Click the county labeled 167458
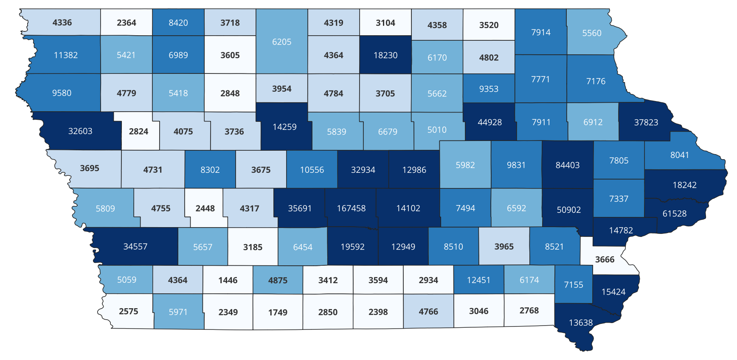[x=351, y=208]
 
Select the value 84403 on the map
[x=568, y=165]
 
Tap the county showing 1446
[x=228, y=280]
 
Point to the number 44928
[x=489, y=122]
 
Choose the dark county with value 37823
[x=646, y=122]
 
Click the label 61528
[x=675, y=214]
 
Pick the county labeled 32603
[x=80, y=131]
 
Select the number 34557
[x=135, y=247]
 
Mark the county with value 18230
[x=385, y=55]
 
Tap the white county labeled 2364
[x=127, y=23]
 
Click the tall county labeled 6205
[x=282, y=42]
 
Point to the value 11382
[x=66, y=55]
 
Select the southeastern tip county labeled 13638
[x=581, y=323]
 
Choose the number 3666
[x=605, y=259]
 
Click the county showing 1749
[x=278, y=312]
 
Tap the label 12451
[x=478, y=280]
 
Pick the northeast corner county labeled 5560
[x=592, y=33]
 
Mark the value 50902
[x=568, y=210]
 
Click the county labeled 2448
[x=205, y=208]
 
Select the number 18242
[x=684, y=185]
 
